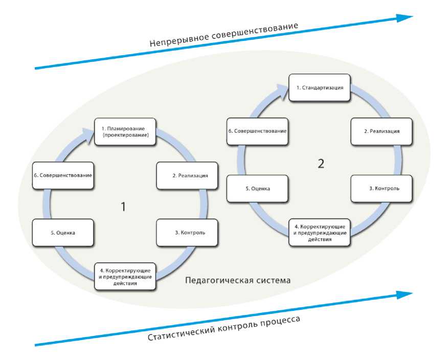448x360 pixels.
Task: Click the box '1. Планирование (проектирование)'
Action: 125,132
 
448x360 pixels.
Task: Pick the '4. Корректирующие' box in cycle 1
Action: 125,276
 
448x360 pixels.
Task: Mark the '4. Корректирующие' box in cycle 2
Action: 320,232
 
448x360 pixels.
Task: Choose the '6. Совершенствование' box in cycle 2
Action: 258,131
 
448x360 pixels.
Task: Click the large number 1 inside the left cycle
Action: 123,207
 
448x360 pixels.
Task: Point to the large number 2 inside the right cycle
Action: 321,164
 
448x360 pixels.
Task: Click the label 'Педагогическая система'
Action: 237,281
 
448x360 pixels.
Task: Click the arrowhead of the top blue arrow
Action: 405,17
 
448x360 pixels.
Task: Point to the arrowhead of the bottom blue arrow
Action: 405,294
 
